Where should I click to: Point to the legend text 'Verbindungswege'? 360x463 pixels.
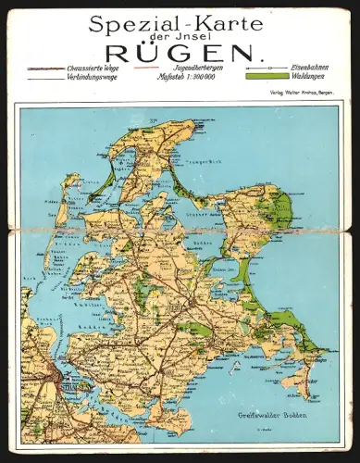pyautogui.click(x=93, y=79)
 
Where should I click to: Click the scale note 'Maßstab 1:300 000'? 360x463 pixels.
pyautogui.click(x=190, y=79)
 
